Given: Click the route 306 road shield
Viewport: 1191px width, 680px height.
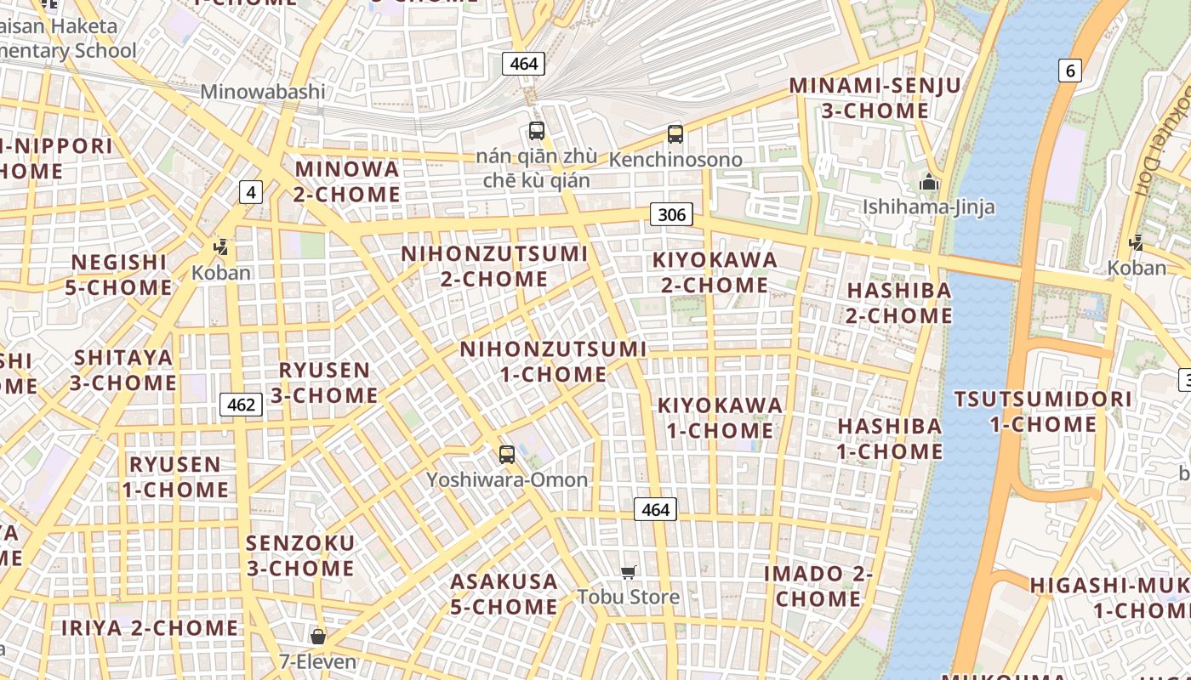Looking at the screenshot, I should (671, 214).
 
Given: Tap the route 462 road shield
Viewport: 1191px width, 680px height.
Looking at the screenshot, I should (241, 405).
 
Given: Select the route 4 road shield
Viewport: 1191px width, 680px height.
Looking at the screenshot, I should (250, 192).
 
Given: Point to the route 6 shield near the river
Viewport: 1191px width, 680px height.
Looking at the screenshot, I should (1070, 71).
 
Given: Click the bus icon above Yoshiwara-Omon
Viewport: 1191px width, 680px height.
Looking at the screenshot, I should (507, 455).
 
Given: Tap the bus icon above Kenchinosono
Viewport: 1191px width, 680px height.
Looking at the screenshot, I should (675, 134).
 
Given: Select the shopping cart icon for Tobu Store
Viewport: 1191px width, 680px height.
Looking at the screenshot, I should (628, 573).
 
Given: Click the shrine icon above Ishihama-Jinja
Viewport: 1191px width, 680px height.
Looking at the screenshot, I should (928, 182).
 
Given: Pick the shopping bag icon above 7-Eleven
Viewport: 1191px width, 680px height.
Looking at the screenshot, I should (318, 637).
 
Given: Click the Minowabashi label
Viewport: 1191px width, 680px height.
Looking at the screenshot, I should (262, 92).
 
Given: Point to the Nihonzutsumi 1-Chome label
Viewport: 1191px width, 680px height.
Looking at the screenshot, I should (553, 361).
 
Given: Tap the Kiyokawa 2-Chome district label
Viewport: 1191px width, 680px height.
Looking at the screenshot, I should (715, 272).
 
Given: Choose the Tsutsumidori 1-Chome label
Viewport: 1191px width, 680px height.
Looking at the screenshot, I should (1043, 411).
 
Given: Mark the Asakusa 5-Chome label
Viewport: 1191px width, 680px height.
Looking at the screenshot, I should (504, 594).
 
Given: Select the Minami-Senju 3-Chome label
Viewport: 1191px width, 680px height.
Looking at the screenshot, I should (875, 98).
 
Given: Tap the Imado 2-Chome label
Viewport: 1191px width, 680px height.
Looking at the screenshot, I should (818, 586).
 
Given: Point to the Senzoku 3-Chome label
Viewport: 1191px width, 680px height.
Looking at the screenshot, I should (300, 555).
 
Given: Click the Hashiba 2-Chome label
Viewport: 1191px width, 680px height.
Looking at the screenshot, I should (899, 303).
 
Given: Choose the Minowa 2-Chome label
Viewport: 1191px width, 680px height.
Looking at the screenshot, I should (347, 181).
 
